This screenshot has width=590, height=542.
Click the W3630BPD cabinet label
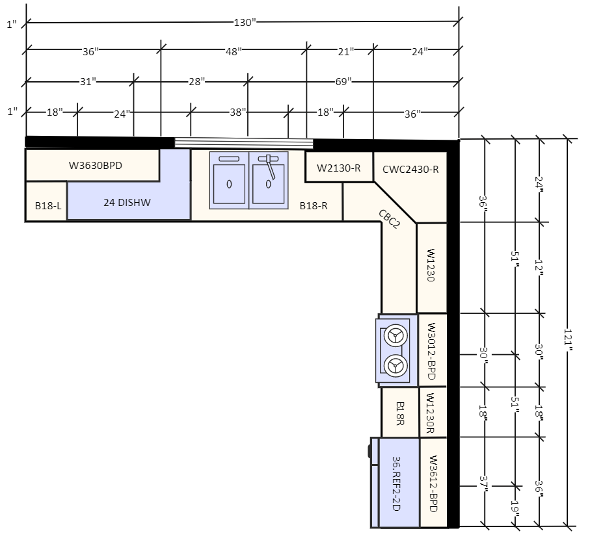(96, 165)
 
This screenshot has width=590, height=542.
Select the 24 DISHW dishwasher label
(127, 203)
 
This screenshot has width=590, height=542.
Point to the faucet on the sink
(269, 165)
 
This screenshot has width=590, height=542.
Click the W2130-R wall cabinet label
(338, 168)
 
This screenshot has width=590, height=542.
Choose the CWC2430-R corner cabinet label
(410, 170)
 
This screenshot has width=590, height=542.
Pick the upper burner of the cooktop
(394, 336)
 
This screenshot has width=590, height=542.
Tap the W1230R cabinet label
(431, 412)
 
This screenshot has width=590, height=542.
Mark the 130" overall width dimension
(245, 23)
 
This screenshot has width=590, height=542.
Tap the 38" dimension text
(238, 112)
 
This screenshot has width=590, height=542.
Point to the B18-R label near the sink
(313, 205)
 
